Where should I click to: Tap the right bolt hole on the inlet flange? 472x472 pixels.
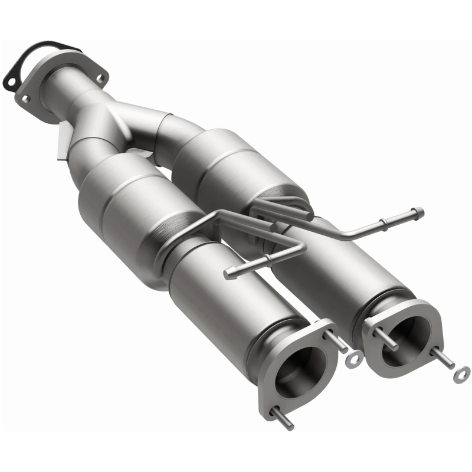[x=101, y=78]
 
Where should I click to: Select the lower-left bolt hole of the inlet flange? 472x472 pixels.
[x=25, y=99]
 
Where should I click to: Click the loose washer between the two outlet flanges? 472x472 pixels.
[x=355, y=358]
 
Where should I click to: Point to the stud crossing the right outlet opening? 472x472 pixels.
[x=386, y=340]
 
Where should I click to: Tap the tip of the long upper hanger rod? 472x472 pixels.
[x=419, y=211]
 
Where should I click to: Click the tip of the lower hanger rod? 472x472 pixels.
[x=228, y=274]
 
